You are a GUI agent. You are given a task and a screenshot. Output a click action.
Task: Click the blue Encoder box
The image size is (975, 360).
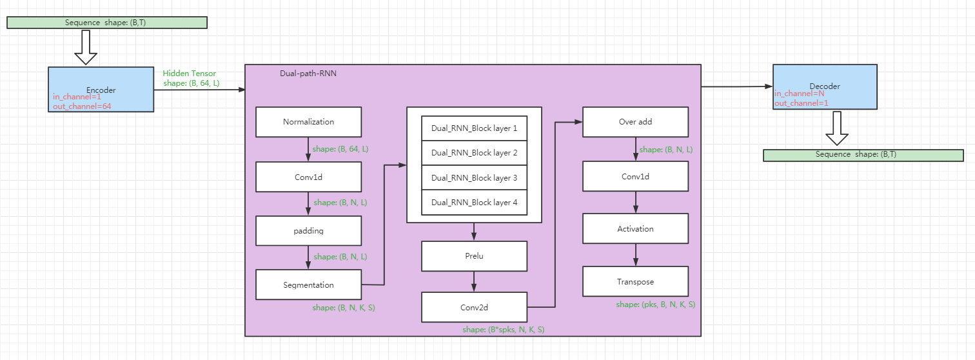[101, 89]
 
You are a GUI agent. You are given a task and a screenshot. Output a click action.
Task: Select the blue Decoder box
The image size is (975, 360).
[825, 86]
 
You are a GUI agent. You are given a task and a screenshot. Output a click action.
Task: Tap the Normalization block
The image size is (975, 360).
[308, 122]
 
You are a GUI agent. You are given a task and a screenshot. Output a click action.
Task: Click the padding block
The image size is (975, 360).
[308, 230]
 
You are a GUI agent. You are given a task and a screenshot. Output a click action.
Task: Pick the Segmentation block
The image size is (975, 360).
[308, 285]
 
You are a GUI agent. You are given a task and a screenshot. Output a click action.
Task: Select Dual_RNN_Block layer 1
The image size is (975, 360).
[474, 128]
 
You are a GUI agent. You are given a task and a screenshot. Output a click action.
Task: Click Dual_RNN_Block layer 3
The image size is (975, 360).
[474, 178]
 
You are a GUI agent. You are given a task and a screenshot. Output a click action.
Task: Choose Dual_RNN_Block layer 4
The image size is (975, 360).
[474, 203]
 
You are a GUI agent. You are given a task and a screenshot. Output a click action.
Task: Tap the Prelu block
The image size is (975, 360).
[474, 256]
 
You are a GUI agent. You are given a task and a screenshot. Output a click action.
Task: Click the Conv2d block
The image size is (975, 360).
[474, 307]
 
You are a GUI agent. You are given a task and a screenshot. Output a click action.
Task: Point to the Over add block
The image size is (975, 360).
[635, 122]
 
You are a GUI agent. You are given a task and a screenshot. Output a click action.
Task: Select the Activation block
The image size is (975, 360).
[635, 229]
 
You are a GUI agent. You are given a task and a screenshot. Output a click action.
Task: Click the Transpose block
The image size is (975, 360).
[635, 282]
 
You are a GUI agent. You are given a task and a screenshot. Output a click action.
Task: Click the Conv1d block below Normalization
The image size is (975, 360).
[308, 177]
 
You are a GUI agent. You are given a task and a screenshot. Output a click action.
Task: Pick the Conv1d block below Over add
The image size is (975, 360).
[635, 176]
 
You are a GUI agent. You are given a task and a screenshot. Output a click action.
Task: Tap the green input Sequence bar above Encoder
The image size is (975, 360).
[106, 23]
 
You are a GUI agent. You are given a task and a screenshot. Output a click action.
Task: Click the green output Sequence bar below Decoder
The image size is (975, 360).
[863, 155]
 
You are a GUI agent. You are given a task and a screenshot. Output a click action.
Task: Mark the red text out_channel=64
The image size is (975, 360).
[82, 106]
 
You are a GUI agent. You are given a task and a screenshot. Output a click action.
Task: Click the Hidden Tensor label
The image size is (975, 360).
[190, 74]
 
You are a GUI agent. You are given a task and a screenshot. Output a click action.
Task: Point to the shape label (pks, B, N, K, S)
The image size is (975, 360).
[655, 305]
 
